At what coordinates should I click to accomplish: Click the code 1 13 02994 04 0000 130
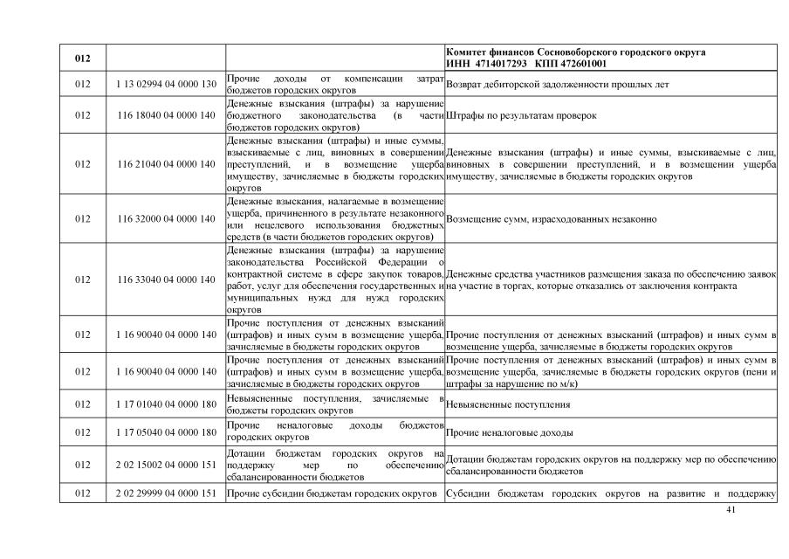tap(166, 85)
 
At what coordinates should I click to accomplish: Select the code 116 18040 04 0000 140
tap(166, 115)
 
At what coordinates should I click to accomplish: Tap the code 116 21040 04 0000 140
tap(166, 163)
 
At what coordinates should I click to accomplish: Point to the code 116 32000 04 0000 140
tap(166, 218)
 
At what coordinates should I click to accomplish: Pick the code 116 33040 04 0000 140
tap(166, 279)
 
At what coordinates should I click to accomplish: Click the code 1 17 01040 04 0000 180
tap(166, 404)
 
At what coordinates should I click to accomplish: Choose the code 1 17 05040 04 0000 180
tap(166, 432)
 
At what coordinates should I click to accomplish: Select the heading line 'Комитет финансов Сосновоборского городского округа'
tap(575, 52)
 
